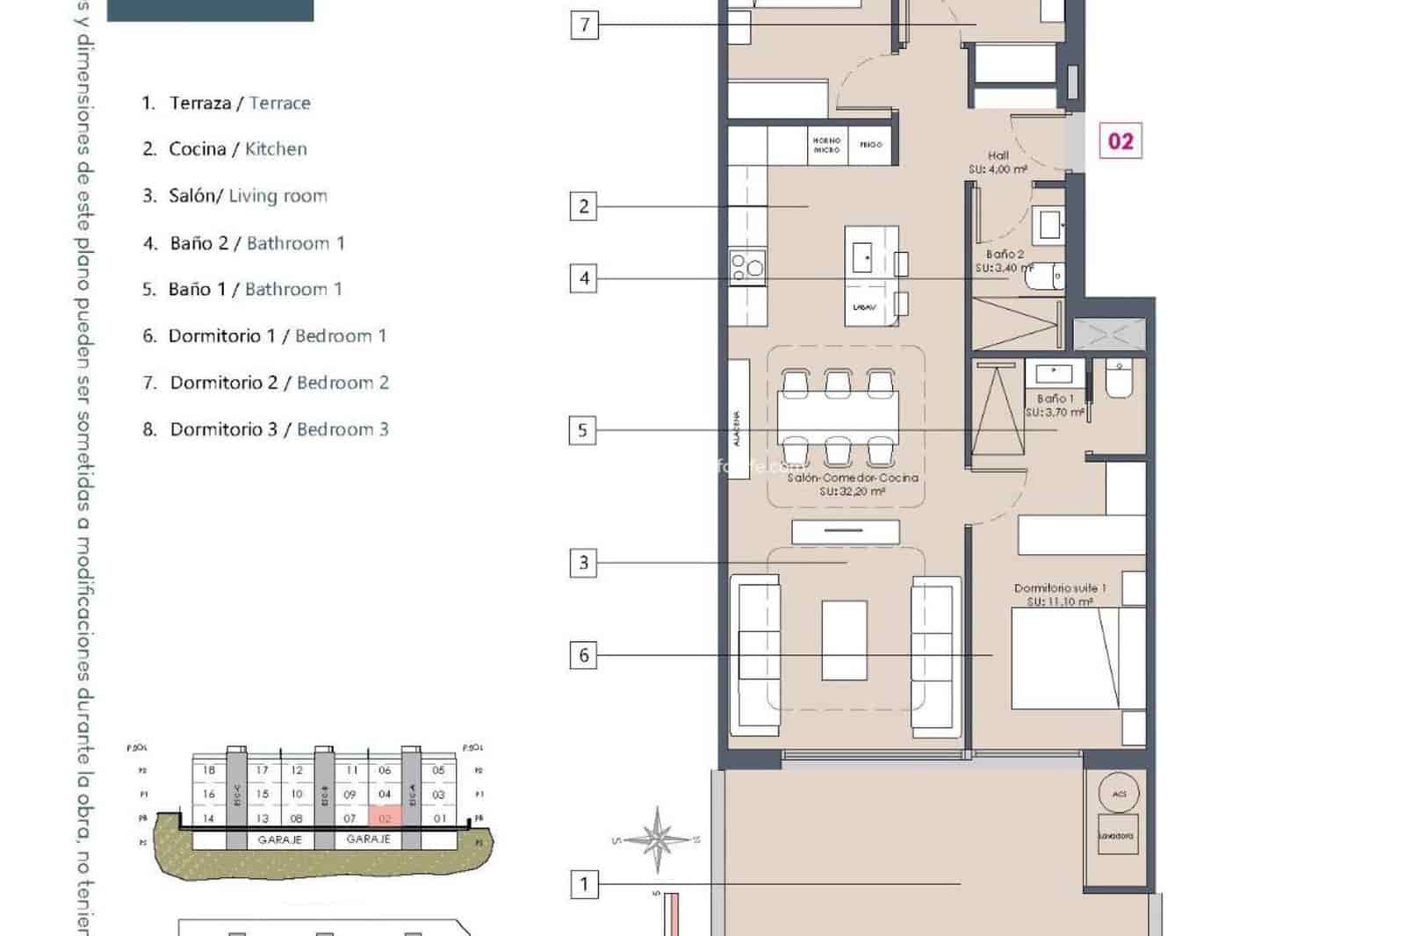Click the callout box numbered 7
(x=585, y=25)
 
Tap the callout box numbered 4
(x=584, y=279)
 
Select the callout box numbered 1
(x=584, y=883)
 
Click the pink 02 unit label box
(x=1120, y=141)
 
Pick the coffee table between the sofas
(x=844, y=640)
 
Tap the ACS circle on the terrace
(x=1119, y=793)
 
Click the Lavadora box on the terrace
(x=1115, y=836)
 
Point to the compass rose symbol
(x=656, y=839)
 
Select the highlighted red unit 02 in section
(x=385, y=817)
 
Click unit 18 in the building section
(x=209, y=770)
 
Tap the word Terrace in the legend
(x=279, y=103)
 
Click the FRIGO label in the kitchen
(x=871, y=145)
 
